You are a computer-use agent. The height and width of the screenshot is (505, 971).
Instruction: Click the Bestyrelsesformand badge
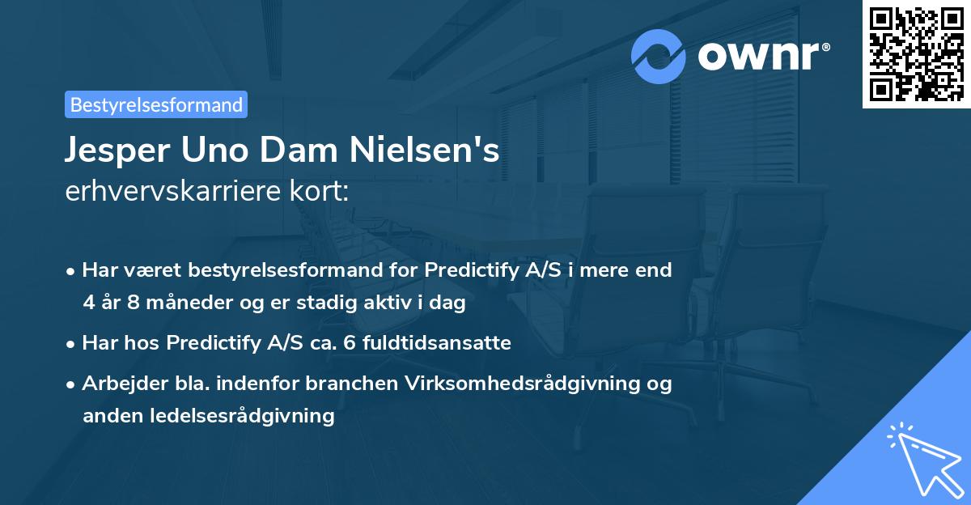[156, 104]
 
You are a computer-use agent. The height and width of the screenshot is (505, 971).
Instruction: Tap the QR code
[916, 53]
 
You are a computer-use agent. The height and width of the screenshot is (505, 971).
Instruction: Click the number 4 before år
[87, 303]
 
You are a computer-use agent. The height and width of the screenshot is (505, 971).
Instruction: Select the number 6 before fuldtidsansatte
[349, 343]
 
